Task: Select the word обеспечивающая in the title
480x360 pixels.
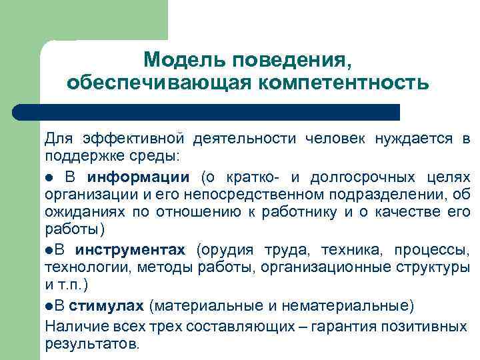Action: pos(158,83)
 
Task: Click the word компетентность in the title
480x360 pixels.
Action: pos(341,83)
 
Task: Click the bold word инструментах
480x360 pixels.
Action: pos(130,251)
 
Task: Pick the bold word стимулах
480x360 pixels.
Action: pos(107,307)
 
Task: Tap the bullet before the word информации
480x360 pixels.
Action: pos(49,178)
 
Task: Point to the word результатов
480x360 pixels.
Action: pos(90,344)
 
